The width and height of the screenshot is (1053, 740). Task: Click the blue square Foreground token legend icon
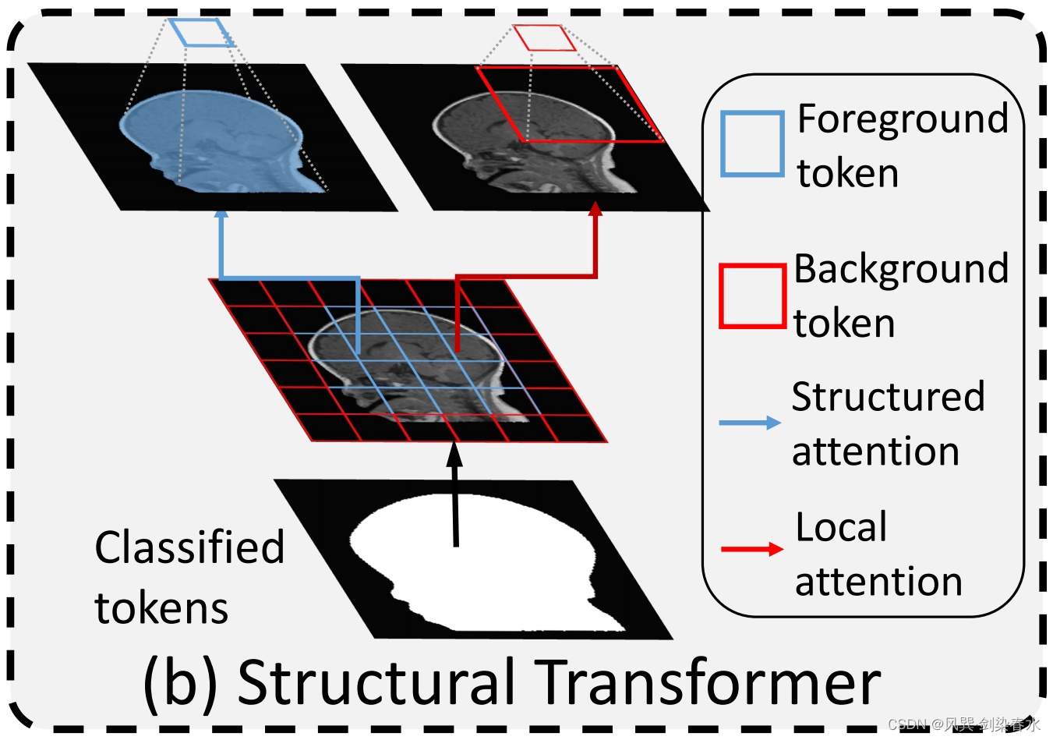pos(751,143)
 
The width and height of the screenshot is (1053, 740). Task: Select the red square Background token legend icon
pos(751,296)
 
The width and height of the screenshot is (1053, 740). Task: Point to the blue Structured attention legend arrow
pos(750,423)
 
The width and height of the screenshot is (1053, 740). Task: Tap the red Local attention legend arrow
pos(751,550)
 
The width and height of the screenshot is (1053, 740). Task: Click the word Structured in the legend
pos(888,397)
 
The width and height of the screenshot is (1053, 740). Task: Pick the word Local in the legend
pos(841,527)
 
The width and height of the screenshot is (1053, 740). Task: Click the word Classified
pos(189,547)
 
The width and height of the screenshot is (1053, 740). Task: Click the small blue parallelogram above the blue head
pos(201,33)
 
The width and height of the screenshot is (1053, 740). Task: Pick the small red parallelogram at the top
pos(544,37)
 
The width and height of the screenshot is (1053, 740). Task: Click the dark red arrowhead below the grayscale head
pos(596,209)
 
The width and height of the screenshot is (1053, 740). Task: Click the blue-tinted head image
pos(218,140)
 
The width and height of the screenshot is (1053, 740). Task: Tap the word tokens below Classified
pos(161,608)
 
